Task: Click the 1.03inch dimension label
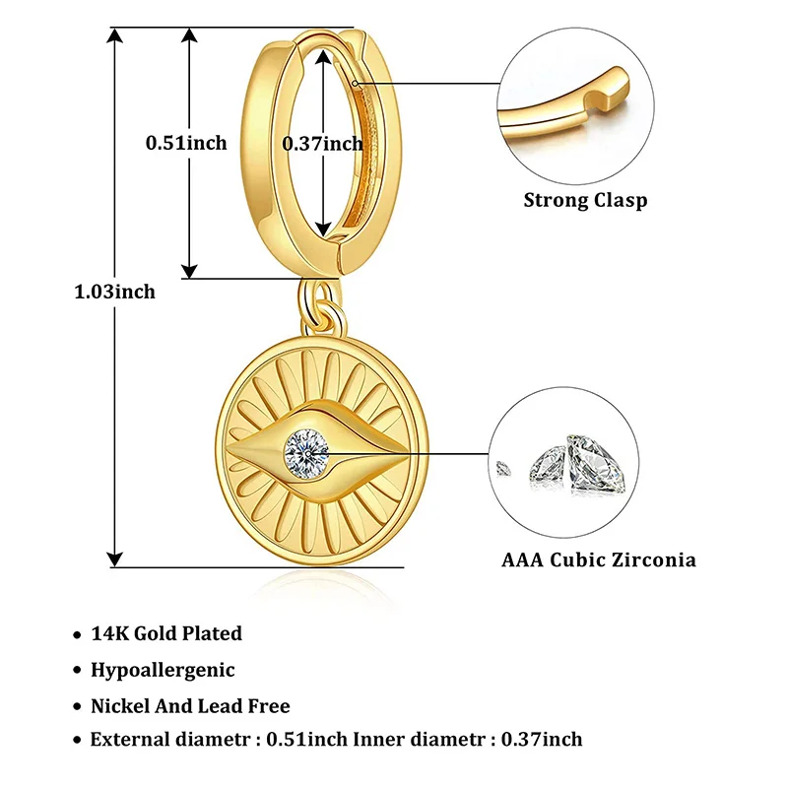pos(115,292)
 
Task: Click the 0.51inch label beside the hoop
pos(186,143)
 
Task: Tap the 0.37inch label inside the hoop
pos(323,143)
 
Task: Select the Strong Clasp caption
pos(585,201)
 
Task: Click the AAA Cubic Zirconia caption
pos(599,559)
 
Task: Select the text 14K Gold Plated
pos(166,633)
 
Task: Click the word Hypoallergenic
pos(163,670)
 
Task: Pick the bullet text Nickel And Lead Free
pos(190,706)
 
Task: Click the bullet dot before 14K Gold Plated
pos(77,635)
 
